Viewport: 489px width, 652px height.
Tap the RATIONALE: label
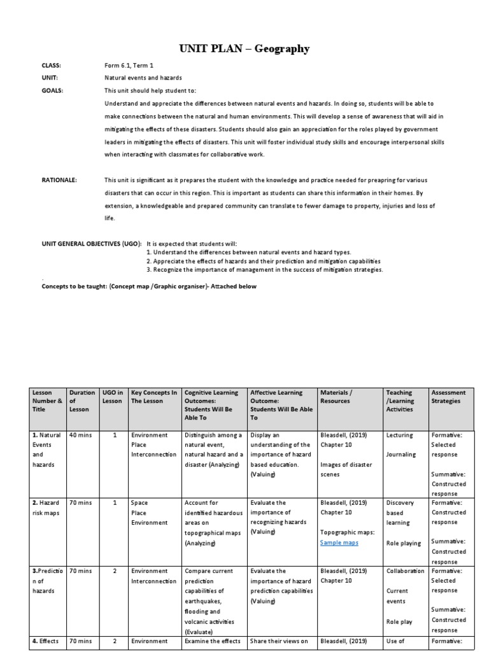click(59, 180)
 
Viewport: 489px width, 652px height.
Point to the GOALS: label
click(52, 90)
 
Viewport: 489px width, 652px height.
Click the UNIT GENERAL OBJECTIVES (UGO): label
click(92, 244)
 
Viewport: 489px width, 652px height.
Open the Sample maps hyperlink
click(339, 542)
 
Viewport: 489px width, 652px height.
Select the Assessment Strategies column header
click(449, 397)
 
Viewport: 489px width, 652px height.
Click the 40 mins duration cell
click(80, 436)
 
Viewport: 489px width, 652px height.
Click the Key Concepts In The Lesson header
click(153, 397)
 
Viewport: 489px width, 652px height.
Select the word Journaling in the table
click(400, 455)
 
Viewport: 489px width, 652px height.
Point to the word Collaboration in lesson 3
click(405, 571)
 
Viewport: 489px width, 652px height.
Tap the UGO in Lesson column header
click(112, 397)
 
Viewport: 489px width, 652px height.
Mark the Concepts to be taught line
click(149, 287)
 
